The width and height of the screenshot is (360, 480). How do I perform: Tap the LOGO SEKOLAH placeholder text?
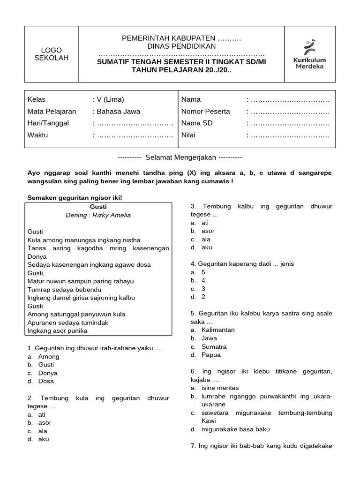pyautogui.click(x=51, y=54)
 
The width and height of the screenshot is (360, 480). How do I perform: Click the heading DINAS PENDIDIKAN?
pyautogui.click(x=181, y=46)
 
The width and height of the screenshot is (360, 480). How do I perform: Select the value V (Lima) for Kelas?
pyautogui.click(x=110, y=99)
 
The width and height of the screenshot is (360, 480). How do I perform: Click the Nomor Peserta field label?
pyautogui.click(x=205, y=112)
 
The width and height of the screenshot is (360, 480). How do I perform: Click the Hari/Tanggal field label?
pyautogui.click(x=48, y=123)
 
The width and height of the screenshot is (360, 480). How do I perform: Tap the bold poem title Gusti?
pyautogui.click(x=98, y=206)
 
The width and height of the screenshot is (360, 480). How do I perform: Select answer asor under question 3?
pyautogui.click(x=208, y=231)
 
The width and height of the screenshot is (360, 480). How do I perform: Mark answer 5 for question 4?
pyautogui.click(x=203, y=272)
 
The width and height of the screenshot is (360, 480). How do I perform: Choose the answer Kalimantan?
pyautogui.click(x=218, y=330)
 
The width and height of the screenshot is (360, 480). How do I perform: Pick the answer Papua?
pyautogui.click(x=211, y=355)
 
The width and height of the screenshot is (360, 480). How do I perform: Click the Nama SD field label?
pyautogui.click(x=197, y=123)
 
